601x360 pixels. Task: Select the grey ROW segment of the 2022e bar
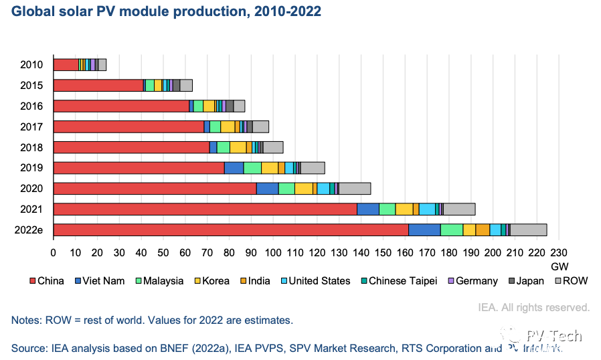pyautogui.click(x=529, y=230)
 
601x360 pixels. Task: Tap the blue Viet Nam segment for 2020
pyautogui.click(x=267, y=188)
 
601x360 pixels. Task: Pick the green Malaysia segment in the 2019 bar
pyautogui.click(x=252, y=168)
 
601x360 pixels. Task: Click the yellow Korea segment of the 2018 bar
pyautogui.click(x=238, y=147)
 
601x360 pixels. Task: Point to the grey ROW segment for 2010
pyautogui.click(x=102, y=65)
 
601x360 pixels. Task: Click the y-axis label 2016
pyautogui.click(x=31, y=106)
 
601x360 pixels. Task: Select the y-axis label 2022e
pyautogui.click(x=28, y=230)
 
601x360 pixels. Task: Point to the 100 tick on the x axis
pyautogui.click(x=272, y=252)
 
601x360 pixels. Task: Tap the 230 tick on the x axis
pyautogui.click(x=558, y=252)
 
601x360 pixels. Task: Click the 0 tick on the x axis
pyautogui.click(x=54, y=252)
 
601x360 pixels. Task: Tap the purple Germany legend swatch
pyautogui.click(x=450, y=281)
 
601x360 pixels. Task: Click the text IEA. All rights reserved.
pyautogui.click(x=533, y=308)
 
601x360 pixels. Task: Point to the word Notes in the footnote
pyautogui.click(x=25, y=321)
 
